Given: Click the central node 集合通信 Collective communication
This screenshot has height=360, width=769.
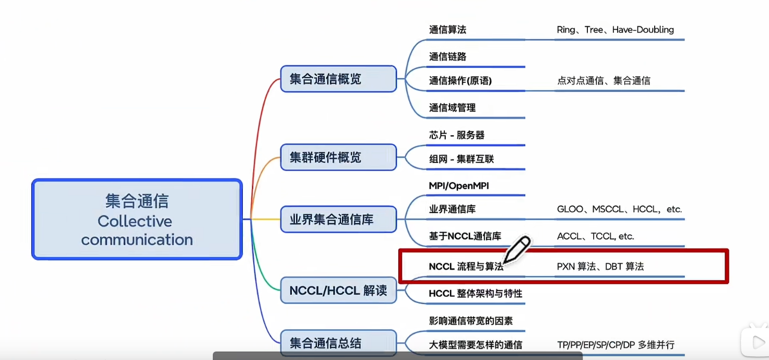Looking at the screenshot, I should pyautogui.click(x=137, y=220).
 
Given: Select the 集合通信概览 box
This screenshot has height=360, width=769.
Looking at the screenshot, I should pyautogui.click(x=338, y=79).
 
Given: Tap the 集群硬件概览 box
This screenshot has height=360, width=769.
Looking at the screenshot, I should pyautogui.click(x=338, y=157).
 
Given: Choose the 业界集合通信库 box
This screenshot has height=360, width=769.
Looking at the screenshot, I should pyautogui.click(x=338, y=219).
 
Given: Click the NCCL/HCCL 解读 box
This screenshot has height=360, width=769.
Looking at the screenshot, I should pyautogui.click(x=338, y=291).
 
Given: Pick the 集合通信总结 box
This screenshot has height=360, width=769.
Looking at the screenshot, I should pyautogui.click(x=338, y=343).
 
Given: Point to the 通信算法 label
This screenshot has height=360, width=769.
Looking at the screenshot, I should pyautogui.click(x=447, y=30).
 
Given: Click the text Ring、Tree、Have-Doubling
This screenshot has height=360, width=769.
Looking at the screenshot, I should pyautogui.click(x=615, y=30).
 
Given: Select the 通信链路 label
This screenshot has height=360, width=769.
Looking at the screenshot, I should pyautogui.click(x=447, y=56).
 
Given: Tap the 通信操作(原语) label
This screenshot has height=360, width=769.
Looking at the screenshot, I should pyautogui.click(x=460, y=81).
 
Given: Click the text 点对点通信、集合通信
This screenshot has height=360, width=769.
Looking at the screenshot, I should pyautogui.click(x=604, y=81).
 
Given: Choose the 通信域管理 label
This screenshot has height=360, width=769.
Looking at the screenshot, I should pyautogui.click(x=452, y=107).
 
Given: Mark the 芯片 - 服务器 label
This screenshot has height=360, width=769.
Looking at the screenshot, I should pyautogui.click(x=456, y=135).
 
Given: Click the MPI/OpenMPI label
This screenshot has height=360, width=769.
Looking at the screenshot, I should pyautogui.click(x=458, y=186).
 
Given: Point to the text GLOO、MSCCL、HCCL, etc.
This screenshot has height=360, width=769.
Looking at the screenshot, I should pyautogui.click(x=619, y=209).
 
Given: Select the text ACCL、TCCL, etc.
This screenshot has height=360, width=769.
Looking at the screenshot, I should pyautogui.click(x=595, y=236).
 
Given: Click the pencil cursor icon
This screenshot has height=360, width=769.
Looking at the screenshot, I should pyautogui.click(x=516, y=249).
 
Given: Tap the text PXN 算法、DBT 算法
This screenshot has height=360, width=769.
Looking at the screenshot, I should pyautogui.click(x=600, y=267).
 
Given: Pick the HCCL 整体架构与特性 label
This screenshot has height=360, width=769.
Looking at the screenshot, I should pyautogui.click(x=475, y=294).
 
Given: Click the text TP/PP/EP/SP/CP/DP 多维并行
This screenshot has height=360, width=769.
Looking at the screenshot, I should pyautogui.click(x=616, y=345).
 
